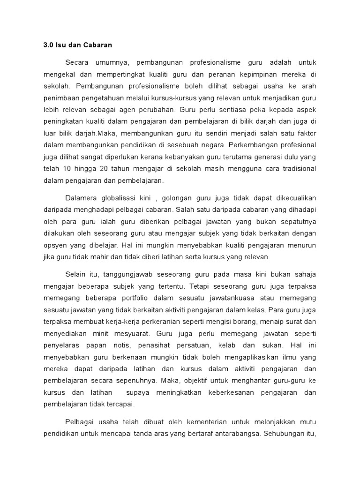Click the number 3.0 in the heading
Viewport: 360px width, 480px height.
(x=49, y=45)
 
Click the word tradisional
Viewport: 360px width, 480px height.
(x=298, y=168)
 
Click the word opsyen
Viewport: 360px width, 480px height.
(x=55, y=245)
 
